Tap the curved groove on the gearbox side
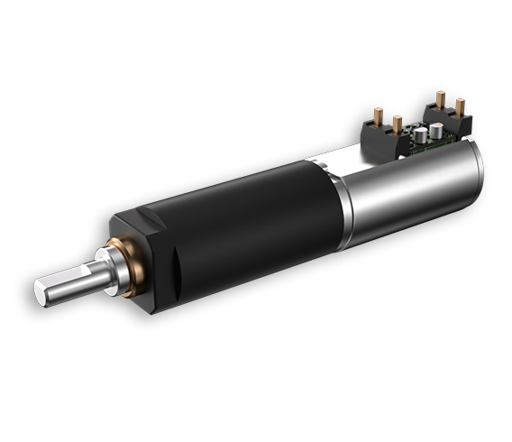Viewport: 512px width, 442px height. (x=176, y=272)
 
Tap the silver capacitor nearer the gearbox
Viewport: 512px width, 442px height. (x=420, y=138)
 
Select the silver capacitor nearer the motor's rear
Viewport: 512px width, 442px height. (x=436, y=132)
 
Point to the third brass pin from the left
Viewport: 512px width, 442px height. (x=440, y=99)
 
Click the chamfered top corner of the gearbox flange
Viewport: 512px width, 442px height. (x=126, y=216)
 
